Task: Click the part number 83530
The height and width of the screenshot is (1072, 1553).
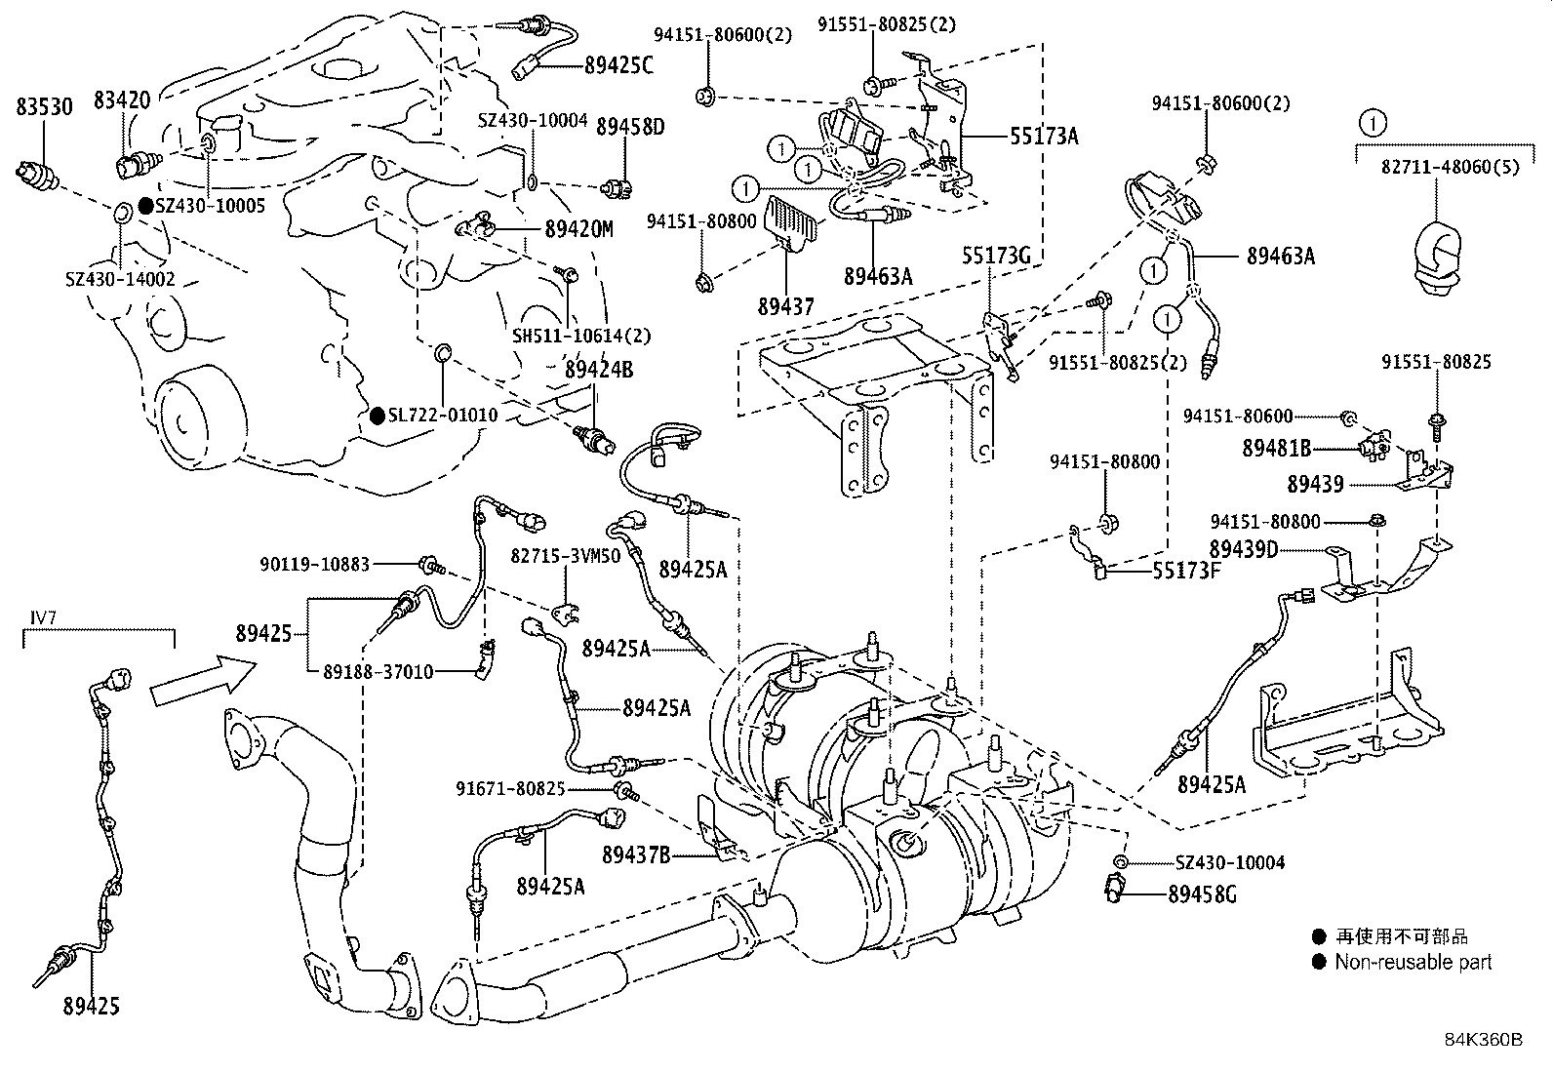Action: click(x=44, y=106)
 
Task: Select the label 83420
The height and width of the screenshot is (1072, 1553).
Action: click(x=122, y=99)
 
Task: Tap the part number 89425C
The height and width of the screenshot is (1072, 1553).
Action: click(x=618, y=66)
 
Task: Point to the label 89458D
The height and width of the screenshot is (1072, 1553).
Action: click(x=630, y=126)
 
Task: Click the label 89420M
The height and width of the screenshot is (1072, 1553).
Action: click(x=578, y=229)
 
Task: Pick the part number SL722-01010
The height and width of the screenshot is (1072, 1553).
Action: click(x=443, y=416)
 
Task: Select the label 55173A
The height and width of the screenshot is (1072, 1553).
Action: click(x=1043, y=137)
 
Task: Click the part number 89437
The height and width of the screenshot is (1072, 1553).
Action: click(x=785, y=306)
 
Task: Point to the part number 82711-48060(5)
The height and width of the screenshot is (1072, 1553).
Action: click(x=1436, y=167)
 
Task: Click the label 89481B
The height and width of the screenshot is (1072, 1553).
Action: click(x=1276, y=449)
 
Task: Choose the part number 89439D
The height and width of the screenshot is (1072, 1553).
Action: click(x=1244, y=550)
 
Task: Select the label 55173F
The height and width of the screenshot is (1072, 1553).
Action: click(x=1186, y=571)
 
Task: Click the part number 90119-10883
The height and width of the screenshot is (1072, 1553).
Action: click(x=314, y=564)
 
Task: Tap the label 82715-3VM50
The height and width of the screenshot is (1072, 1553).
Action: click(x=566, y=554)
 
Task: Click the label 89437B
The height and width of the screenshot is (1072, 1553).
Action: click(x=635, y=855)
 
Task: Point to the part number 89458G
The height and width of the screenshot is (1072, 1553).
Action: click(x=1201, y=893)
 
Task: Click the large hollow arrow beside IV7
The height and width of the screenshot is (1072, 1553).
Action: click(x=203, y=681)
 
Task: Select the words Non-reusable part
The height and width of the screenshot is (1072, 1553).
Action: click(x=1414, y=963)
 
